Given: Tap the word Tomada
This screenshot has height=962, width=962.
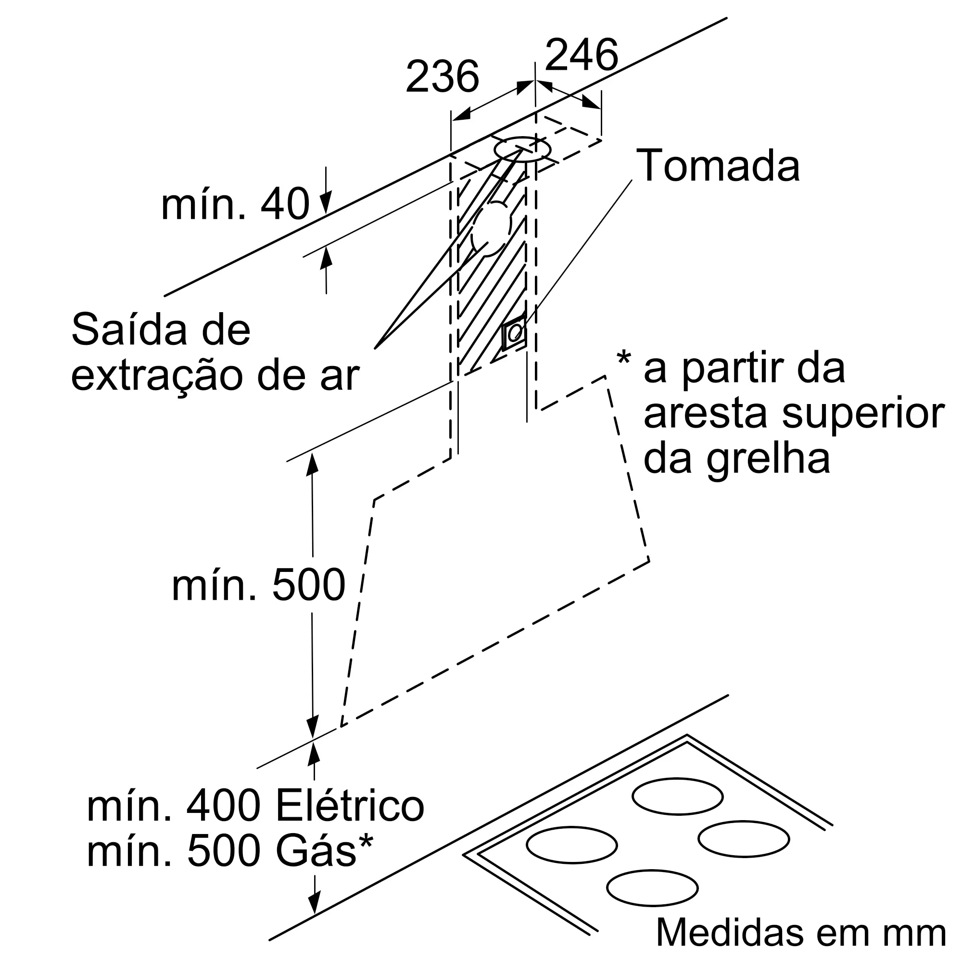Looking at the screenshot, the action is [x=718, y=165].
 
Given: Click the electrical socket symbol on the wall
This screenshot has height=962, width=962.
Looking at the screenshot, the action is [x=514, y=332].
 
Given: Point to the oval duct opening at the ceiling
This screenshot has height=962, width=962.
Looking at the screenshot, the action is [x=522, y=149].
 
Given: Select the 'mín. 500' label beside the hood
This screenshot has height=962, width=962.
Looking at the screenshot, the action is [x=258, y=585].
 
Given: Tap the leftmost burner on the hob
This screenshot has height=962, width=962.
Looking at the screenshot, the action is [x=571, y=845].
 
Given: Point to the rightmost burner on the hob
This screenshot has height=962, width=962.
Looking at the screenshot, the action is [x=744, y=839].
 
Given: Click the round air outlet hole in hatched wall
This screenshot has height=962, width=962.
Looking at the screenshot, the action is [x=491, y=229].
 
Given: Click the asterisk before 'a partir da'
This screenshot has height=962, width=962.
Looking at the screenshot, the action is [x=623, y=358].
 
